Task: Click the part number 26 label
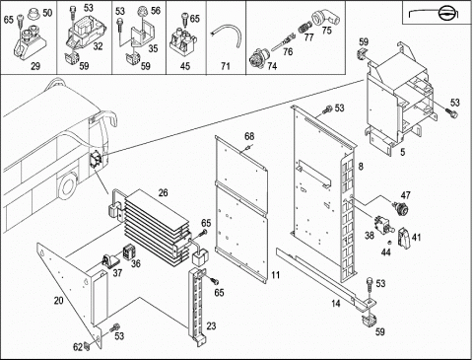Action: pyautogui.click(x=164, y=192)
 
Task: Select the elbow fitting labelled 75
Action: pyautogui.click(x=326, y=18)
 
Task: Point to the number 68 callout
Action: pyautogui.click(x=249, y=136)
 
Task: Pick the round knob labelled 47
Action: pyautogui.click(x=401, y=208)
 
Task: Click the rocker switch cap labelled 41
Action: pyautogui.click(x=404, y=237)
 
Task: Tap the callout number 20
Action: pyautogui.click(x=59, y=301)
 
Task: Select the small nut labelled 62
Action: pyautogui.click(x=87, y=346)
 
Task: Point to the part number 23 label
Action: pyautogui.click(x=212, y=326)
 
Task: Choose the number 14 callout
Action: pyautogui.click(x=335, y=304)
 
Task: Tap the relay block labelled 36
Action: pyautogui.click(x=128, y=252)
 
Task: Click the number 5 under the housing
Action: pyautogui.click(x=403, y=152)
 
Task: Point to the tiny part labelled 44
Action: pyautogui.click(x=389, y=243)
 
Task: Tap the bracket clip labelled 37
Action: pyautogui.click(x=110, y=260)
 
